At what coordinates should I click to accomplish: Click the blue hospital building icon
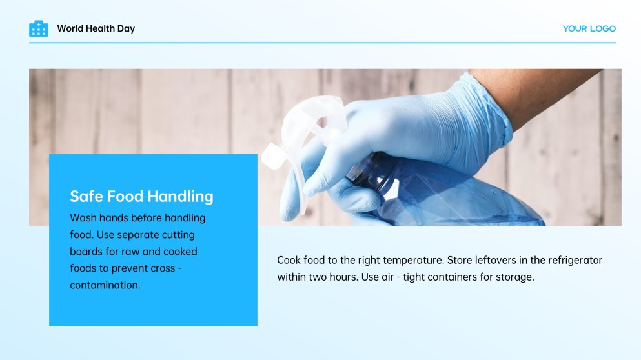tap(39, 28)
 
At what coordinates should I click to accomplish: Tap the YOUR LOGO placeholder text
tap(589, 28)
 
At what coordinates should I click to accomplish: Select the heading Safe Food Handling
tap(141, 196)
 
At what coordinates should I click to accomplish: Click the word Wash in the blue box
tap(83, 218)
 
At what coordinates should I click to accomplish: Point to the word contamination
tap(105, 285)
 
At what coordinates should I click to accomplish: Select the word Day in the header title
tap(126, 29)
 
